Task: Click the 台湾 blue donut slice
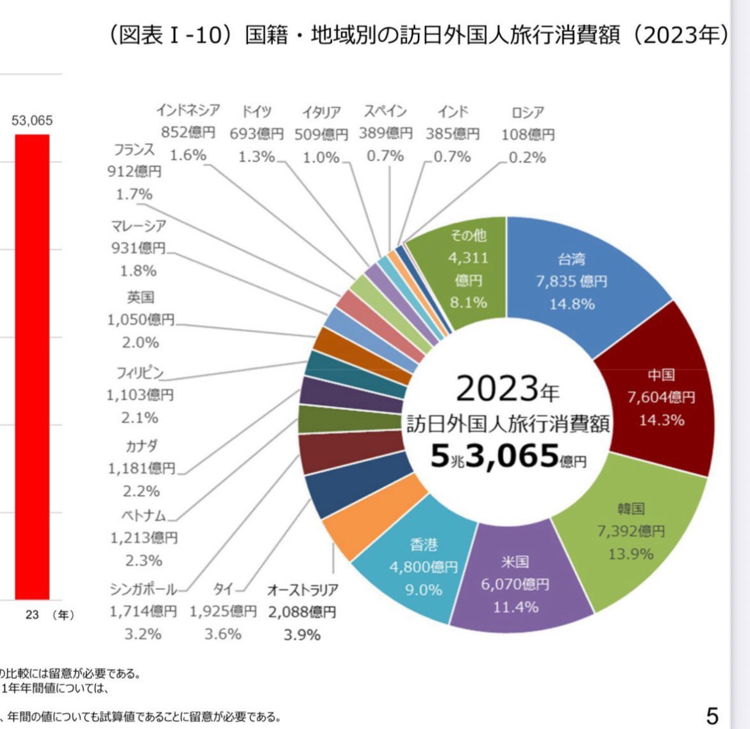tap(571, 282)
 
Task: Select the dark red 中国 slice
tap(660, 398)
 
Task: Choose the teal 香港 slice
tap(423, 567)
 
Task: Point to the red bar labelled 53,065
tap(32, 365)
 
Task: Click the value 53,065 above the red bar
tap(32, 121)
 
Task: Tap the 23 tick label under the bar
tap(32, 615)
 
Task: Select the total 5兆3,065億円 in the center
tap(506, 457)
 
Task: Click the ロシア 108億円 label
tap(528, 134)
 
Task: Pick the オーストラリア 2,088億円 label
tap(302, 611)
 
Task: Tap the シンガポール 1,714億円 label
tap(142, 611)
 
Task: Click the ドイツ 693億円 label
tap(256, 133)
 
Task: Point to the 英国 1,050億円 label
tap(140, 319)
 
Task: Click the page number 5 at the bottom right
tap(712, 715)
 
